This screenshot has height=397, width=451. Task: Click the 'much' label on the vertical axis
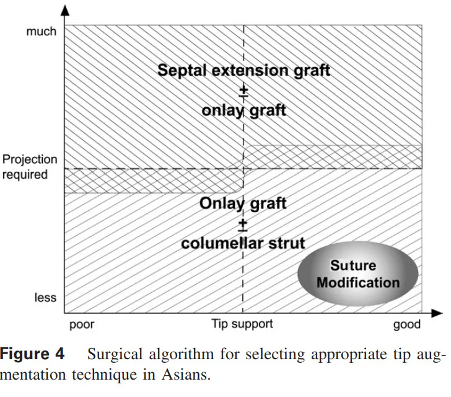click(41, 31)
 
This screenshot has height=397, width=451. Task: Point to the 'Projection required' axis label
click(30, 167)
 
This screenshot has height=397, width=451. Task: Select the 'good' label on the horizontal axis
click(406, 324)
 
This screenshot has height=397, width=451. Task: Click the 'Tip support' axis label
click(242, 324)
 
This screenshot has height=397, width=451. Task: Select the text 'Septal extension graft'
click(243, 70)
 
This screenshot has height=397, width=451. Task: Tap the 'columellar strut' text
click(243, 243)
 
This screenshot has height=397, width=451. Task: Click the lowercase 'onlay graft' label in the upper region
click(243, 110)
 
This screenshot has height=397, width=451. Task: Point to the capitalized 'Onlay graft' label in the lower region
click(243, 203)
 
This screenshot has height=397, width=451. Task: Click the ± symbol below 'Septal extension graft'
click(243, 91)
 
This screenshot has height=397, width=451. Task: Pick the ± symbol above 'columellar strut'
click(243, 223)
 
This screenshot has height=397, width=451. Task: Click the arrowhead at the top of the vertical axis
click(66, 11)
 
